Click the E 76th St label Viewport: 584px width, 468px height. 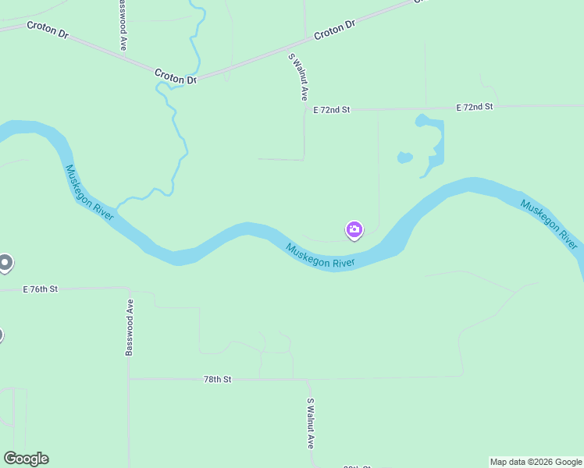coord(41,289)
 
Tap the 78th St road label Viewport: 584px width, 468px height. coord(218,379)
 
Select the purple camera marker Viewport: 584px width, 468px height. coord(354,229)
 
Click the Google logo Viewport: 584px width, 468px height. coord(26,459)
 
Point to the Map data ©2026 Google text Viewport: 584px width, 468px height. coord(536,462)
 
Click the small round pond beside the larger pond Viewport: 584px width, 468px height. coord(404,158)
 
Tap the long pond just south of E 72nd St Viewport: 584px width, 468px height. coord(434,144)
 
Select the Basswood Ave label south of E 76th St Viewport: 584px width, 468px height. coord(130,330)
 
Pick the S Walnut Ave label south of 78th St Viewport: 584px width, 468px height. coord(310,423)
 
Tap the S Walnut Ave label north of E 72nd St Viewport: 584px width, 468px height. coord(298,76)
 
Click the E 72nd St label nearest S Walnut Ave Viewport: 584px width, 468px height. coord(332,110)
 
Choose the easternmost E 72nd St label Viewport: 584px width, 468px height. coord(475,107)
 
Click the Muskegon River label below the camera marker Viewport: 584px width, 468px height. coord(320,257)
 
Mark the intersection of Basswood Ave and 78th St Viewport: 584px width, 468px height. coord(130,379)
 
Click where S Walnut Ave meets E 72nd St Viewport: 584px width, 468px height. coord(304,110)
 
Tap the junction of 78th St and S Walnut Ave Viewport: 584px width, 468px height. coord(309,379)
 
